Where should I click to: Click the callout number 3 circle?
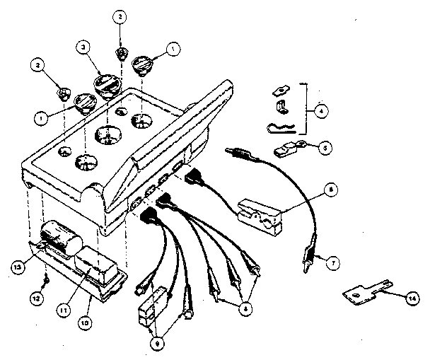click(83, 47)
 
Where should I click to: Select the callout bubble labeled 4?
click(321, 110)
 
